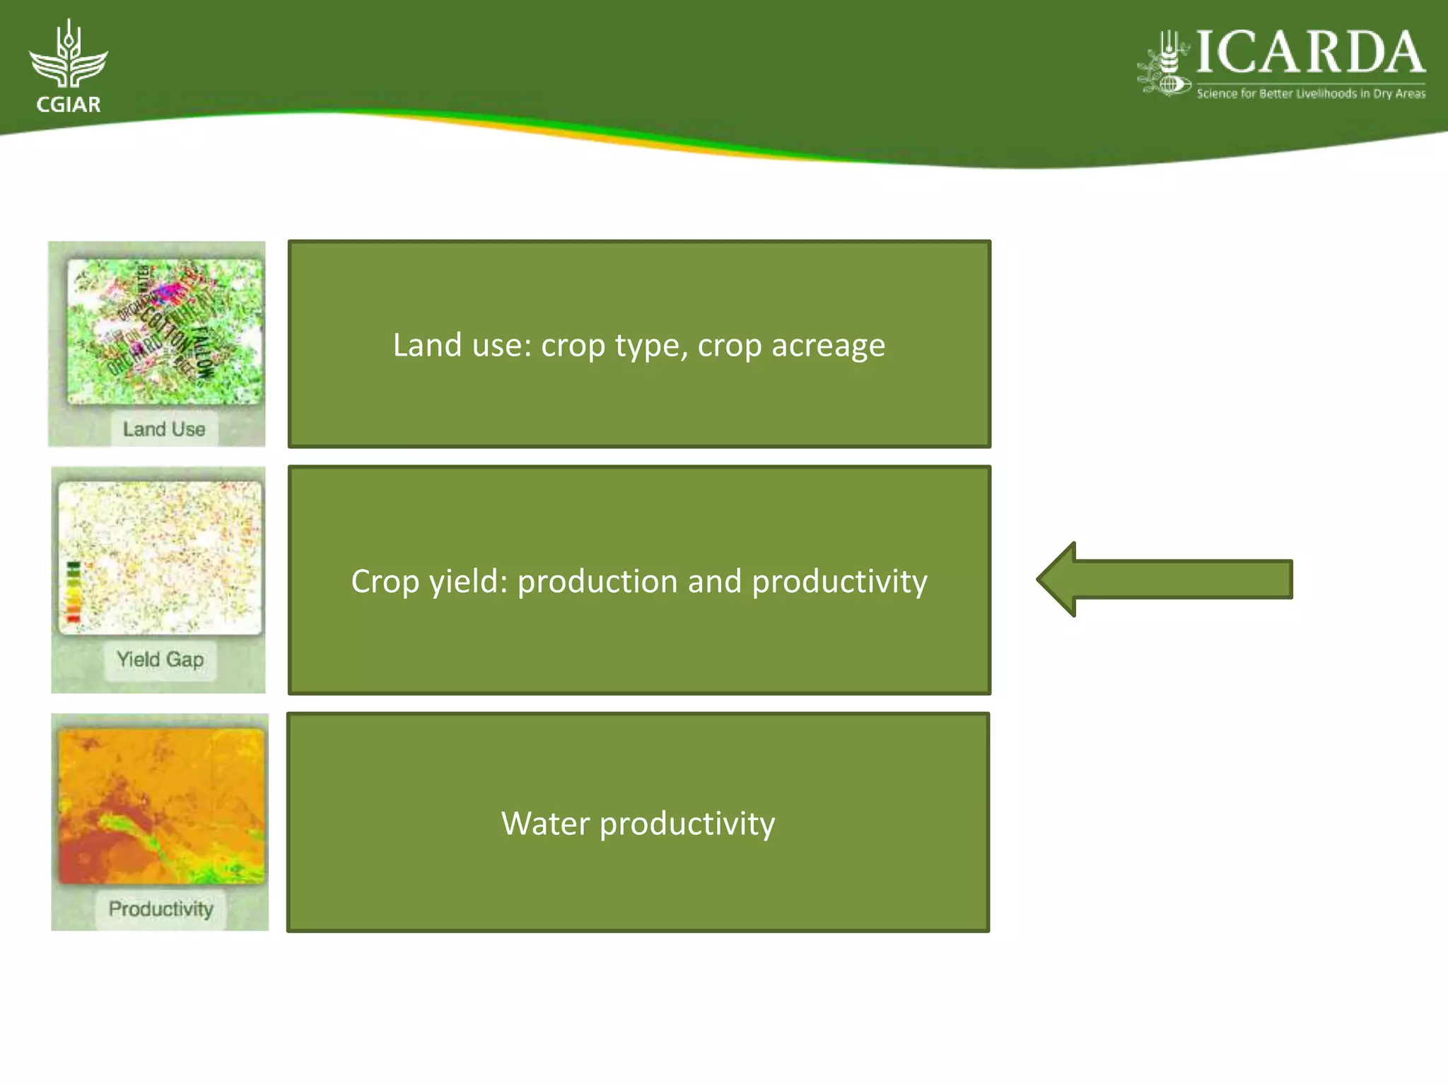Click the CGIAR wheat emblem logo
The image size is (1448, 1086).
tap(68, 57)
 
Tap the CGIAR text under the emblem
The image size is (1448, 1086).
tap(69, 105)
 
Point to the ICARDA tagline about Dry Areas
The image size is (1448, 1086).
tap(1311, 93)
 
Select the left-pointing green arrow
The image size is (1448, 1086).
tap(1164, 580)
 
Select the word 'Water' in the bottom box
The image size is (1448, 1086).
tap(545, 824)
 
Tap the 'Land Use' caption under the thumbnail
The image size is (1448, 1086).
tap(164, 429)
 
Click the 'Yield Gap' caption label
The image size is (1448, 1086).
tap(160, 660)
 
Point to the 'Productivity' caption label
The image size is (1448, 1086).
tap(160, 909)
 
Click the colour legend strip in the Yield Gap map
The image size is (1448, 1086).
tap(74, 592)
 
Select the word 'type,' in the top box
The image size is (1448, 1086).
tap(651, 346)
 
